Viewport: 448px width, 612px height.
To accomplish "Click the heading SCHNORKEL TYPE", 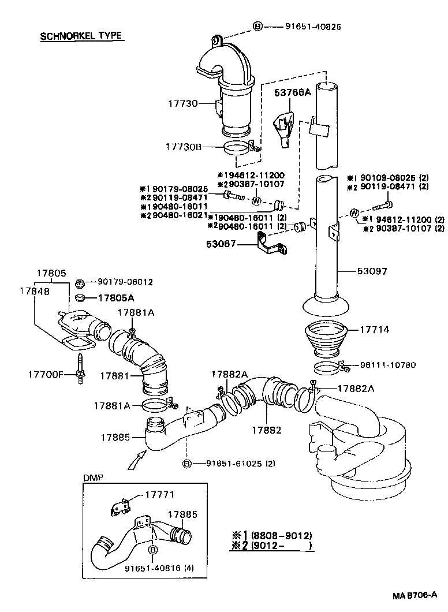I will pos(81,36).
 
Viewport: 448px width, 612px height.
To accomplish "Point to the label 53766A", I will pos(292,92).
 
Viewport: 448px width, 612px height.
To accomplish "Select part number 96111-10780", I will pos(387,365).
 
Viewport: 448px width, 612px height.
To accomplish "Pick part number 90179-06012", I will pos(125,282).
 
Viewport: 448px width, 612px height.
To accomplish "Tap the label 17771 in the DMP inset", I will pos(159,495).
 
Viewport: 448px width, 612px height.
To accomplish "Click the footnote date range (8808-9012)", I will pos(281,535).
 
